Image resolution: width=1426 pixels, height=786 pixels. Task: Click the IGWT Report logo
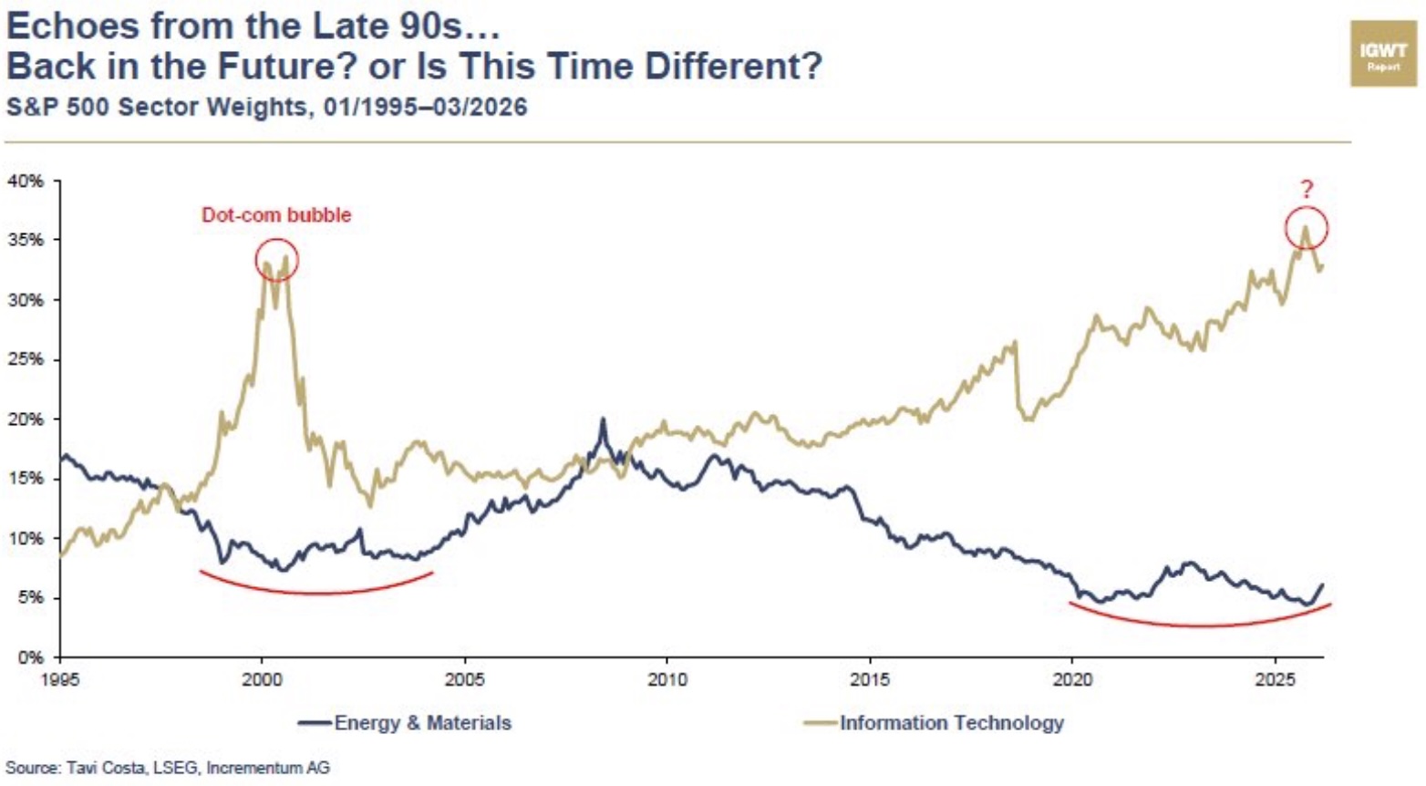click(1382, 55)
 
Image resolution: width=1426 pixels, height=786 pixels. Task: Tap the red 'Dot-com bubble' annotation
click(275, 215)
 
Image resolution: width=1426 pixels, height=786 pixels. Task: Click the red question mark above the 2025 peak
click(1307, 190)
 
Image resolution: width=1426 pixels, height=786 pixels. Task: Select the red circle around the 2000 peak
click(276, 260)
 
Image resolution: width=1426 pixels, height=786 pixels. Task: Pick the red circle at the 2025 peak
click(1307, 228)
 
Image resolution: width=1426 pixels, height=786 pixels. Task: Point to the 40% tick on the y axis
click(26, 181)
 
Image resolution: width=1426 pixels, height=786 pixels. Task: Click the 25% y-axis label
click(26, 359)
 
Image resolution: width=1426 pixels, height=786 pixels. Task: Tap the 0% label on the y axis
click(30, 657)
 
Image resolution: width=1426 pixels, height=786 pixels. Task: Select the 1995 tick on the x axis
click(60, 679)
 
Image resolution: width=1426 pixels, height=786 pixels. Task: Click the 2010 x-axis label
click(666, 679)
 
